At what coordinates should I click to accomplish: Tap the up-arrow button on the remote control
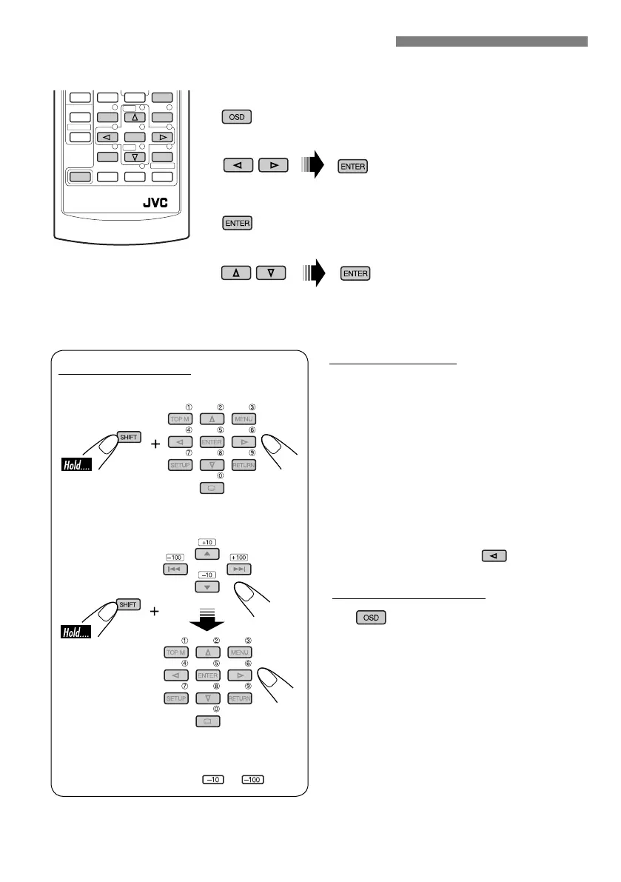coord(134,117)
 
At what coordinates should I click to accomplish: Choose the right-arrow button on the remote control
coord(161,137)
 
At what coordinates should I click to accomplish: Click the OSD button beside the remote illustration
coord(236,117)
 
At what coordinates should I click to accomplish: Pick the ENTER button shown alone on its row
coord(236,223)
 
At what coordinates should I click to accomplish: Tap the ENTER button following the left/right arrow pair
coord(353,167)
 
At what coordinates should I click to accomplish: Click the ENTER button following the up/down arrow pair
coord(355,274)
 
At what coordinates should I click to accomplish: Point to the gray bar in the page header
coord(491,41)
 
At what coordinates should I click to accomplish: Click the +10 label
coord(207,543)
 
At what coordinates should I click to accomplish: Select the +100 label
coord(238,557)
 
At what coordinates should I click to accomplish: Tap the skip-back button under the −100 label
coord(175,569)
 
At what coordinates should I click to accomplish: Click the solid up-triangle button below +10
coord(207,555)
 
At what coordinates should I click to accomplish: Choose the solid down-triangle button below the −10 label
coord(207,587)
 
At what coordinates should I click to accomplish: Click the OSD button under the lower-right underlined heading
coord(371,617)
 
